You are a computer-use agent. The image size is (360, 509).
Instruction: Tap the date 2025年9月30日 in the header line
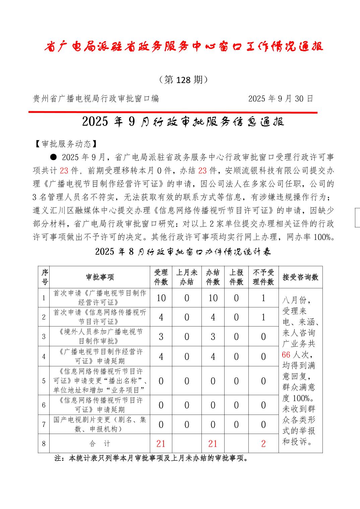pyautogui.click(x=281, y=98)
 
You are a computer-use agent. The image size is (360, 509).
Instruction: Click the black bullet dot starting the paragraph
pyautogui.click(x=53, y=157)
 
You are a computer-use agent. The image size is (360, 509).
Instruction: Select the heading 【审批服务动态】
pyautogui.click(x=66, y=144)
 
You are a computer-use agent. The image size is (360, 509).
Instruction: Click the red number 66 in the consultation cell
pyautogui.click(x=286, y=355)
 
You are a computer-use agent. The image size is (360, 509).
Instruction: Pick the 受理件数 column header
pyautogui.click(x=161, y=277)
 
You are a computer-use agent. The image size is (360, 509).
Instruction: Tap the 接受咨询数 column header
pyautogui.click(x=300, y=277)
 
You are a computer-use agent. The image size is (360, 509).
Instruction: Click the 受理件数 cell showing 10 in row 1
pyautogui.click(x=161, y=298)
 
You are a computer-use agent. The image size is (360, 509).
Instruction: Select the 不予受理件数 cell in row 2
pyautogui.click(x=263, y=317)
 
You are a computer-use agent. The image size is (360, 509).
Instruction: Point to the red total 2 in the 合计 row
pyautogui.click(x=263, y=444)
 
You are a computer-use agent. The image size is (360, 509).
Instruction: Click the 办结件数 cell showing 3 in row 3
pyautogui.click(x=213, y=337)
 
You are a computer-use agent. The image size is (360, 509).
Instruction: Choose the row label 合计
pyautogui.click(x=100, y=444)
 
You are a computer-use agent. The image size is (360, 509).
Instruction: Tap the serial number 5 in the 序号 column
pyautogui.click(x=44, y=381)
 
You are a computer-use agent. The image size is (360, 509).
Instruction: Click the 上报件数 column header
pyautogui.click(x=236, y=277)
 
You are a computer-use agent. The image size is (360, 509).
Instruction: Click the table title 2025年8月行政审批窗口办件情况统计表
pyautogui.click(x=183, y=252)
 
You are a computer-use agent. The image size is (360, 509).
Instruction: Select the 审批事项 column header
pyautogui.click(x=100, y=277)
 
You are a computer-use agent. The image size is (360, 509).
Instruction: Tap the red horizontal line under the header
pyautogui.click(x=173, y=112)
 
